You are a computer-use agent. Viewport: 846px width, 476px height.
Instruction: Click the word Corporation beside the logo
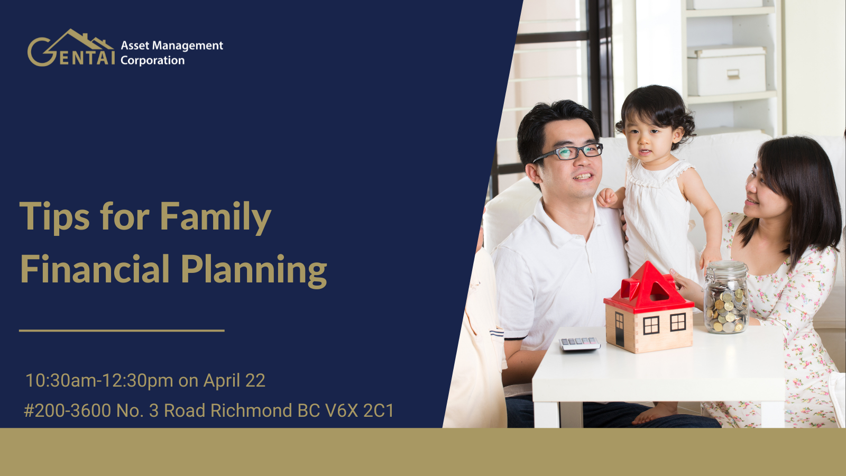[x=153, y=60]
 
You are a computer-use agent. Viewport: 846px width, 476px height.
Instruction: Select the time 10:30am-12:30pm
[x=99, y=380]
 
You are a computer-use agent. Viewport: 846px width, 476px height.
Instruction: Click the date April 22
[x=234, y=380]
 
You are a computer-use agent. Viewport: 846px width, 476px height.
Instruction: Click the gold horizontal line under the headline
[x=122, y=331]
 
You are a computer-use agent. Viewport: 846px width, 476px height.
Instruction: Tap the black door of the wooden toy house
[x=620, y=329]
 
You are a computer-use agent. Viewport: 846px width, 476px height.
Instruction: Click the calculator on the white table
[x=580, y=344]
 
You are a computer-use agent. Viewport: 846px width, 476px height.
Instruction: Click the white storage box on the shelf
[x=727, y=71]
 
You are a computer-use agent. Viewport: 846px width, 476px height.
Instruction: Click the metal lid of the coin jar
[x=727, y=268]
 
